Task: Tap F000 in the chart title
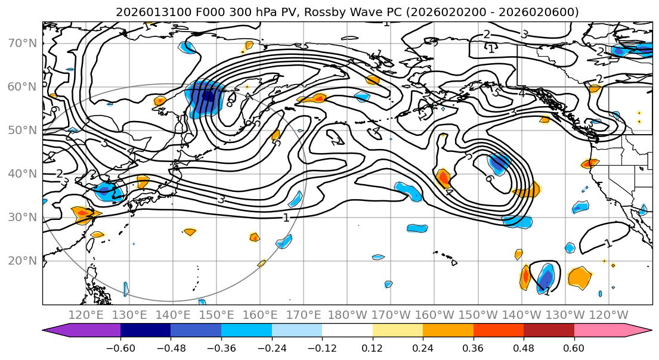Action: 194,12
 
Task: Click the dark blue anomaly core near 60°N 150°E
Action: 208,95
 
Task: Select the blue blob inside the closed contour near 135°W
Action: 546,277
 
